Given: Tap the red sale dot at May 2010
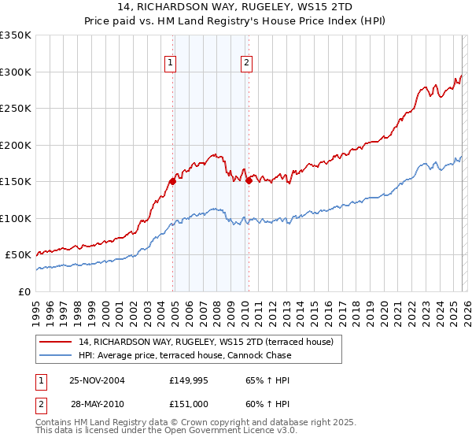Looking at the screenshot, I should pos(249,180).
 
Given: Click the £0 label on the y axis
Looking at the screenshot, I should pos(25,291).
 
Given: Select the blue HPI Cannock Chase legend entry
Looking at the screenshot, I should pos(185,355).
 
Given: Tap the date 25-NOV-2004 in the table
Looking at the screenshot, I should pos(97,380).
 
